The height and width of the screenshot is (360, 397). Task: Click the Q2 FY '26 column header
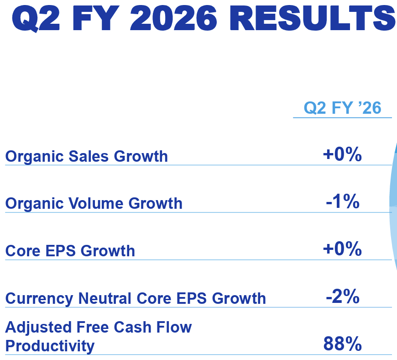coord(342,108)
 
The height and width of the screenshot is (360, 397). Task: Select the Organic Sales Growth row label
coord(86,156)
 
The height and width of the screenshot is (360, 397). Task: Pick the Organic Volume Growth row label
coord(94,203)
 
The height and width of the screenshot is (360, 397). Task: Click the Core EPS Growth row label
coord(70,251)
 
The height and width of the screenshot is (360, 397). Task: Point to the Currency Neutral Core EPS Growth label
coord(136,298)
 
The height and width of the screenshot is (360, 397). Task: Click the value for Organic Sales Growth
coord(342,155)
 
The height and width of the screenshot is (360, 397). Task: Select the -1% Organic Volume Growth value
coord(342,202)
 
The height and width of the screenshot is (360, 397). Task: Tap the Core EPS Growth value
coord(342,249)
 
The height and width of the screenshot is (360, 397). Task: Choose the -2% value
coord(342,297)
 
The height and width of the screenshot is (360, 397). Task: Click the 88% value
coord(342,344)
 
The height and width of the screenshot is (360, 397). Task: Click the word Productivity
coord(50,346)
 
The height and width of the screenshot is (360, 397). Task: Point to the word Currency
coord(39,298)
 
